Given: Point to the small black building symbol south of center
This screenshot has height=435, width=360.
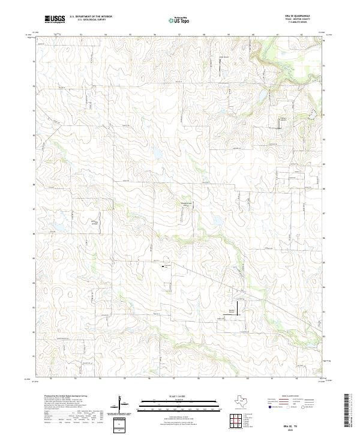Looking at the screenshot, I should coord(163,263).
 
